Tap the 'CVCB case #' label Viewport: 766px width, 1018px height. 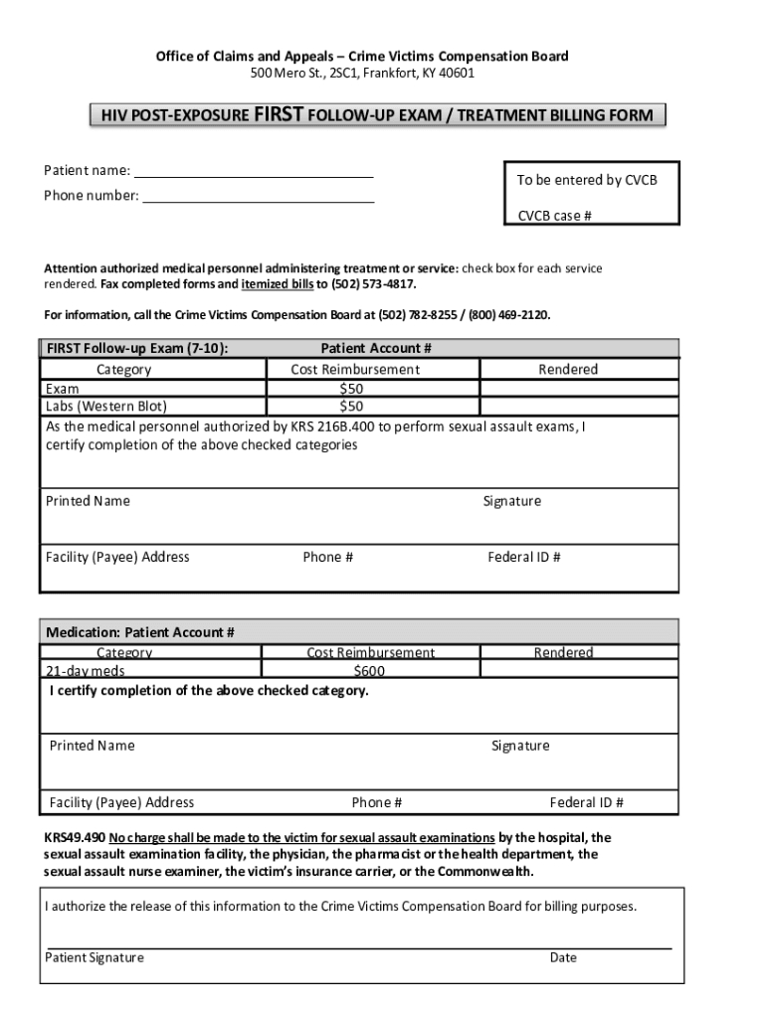point(554,216)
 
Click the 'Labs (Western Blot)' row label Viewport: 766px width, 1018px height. point(105,407)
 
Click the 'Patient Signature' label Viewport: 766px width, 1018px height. point(95,957)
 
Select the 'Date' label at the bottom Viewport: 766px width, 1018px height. point(563,957)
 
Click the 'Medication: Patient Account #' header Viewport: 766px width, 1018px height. point(140,632)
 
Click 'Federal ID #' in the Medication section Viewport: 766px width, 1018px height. point(586,802)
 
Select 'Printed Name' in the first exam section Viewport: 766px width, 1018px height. point(88,501)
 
